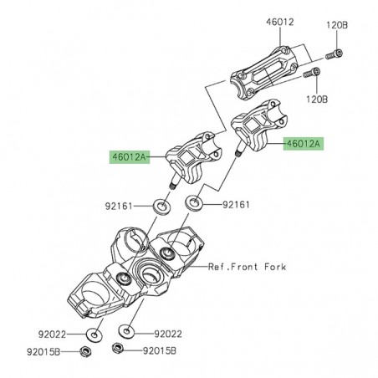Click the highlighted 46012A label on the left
[129, 156]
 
